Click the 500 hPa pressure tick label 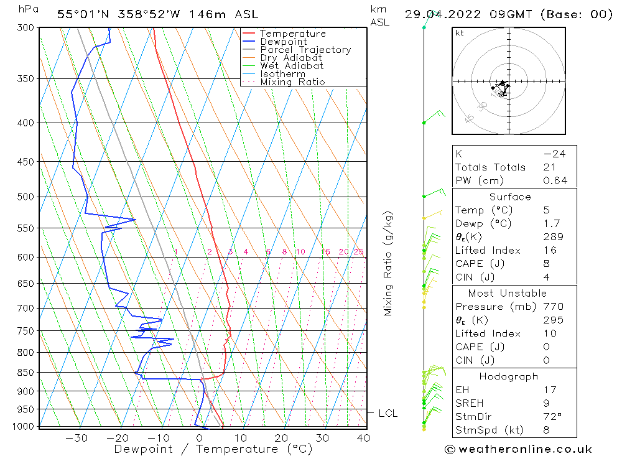26,197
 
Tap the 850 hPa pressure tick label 26,373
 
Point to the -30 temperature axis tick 77,438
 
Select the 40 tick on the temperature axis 363,438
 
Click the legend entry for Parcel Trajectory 305,50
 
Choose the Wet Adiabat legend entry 292,66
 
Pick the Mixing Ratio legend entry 292,82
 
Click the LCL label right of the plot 388,413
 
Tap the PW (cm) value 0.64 555,181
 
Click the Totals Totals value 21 549,167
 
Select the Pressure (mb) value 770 553,307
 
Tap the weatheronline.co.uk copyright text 518,449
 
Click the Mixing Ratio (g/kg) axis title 389,263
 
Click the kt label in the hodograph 459,33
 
